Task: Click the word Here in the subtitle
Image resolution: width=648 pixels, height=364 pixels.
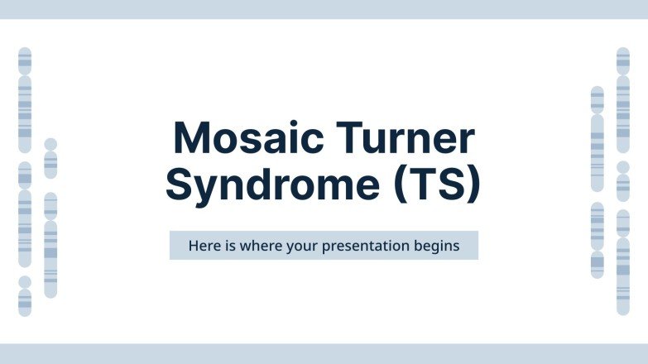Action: (204, 246)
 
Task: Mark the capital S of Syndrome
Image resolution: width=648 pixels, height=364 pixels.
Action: (180, 184)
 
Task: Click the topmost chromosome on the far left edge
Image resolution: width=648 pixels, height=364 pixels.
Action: (25, 99)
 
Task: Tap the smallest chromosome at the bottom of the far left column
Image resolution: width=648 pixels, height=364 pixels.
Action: (25, 296)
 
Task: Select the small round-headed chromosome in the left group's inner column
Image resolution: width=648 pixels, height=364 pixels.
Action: (50, 158)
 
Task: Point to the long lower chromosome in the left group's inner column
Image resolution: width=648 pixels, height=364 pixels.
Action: (50, 245)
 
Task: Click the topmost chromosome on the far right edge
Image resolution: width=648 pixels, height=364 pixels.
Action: (623, 99)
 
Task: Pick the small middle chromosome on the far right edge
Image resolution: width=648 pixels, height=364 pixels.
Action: (623, 181)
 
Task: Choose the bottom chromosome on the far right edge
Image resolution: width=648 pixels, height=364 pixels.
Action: (623, 262)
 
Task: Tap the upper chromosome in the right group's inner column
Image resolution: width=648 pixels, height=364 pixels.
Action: (598, 139)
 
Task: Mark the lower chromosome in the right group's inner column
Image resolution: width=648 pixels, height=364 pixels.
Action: (598, 240)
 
